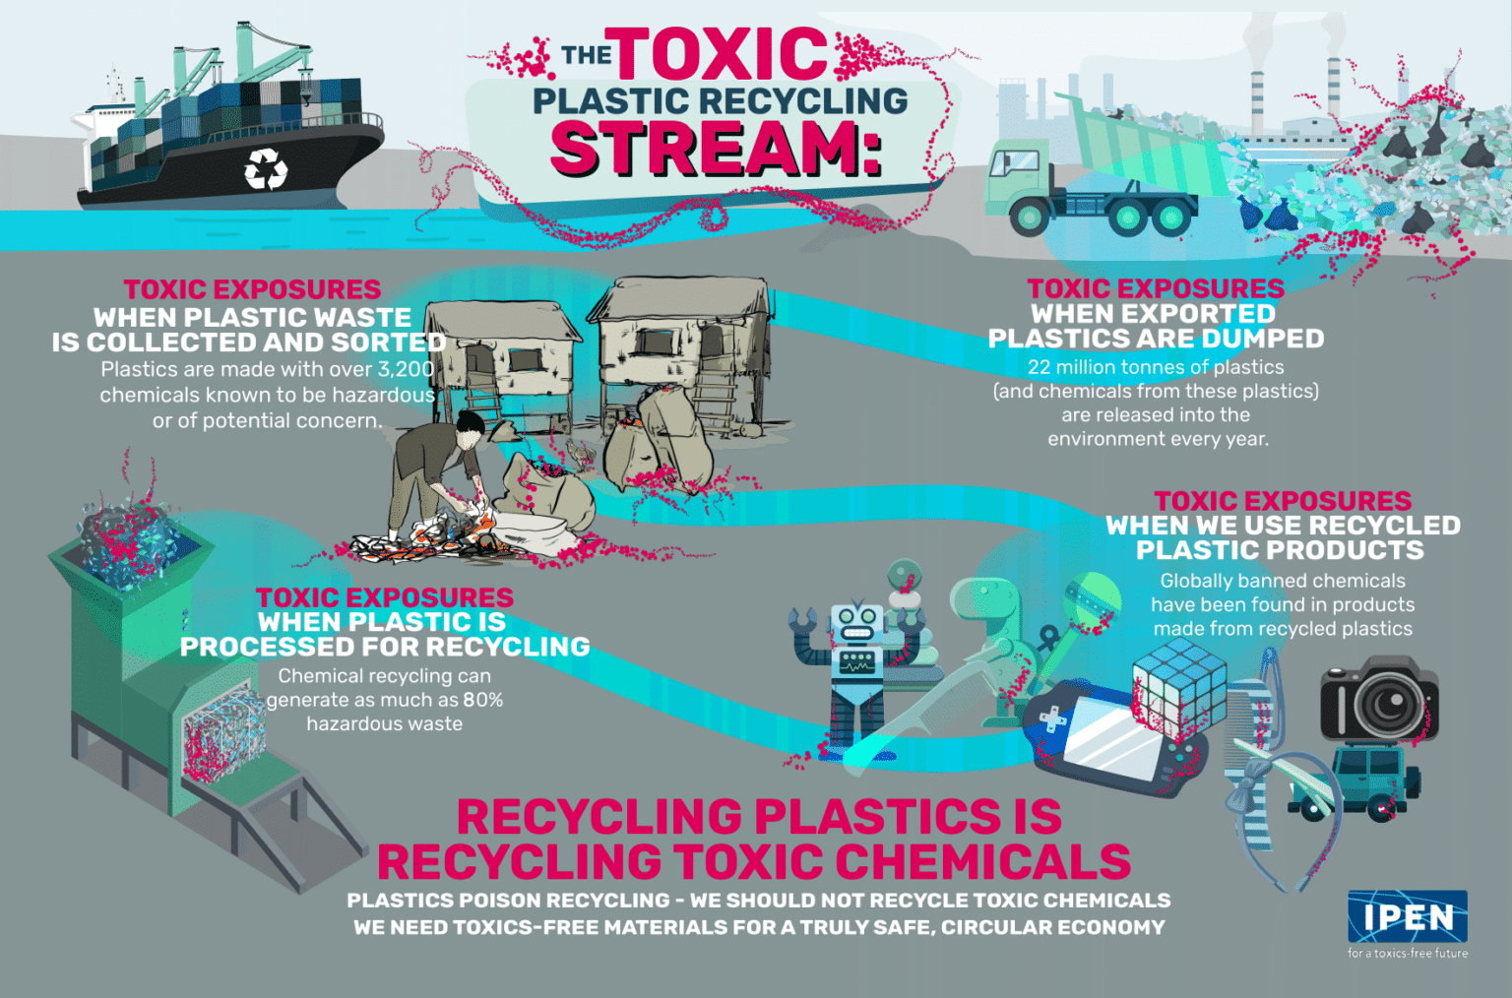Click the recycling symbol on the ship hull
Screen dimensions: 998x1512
[266, 169]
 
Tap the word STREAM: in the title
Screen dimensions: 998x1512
[716, 150]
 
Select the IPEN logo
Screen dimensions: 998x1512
[1408, 916]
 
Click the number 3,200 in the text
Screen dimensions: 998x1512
[406, 369]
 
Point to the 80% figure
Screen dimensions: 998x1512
[483, 700]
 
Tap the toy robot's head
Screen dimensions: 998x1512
[857, 622]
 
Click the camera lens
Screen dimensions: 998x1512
[1389, 705]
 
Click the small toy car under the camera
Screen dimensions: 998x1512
[1373, 781]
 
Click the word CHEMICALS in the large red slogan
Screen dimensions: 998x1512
[988, 862]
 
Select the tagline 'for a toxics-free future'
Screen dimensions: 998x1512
[1408, 953]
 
